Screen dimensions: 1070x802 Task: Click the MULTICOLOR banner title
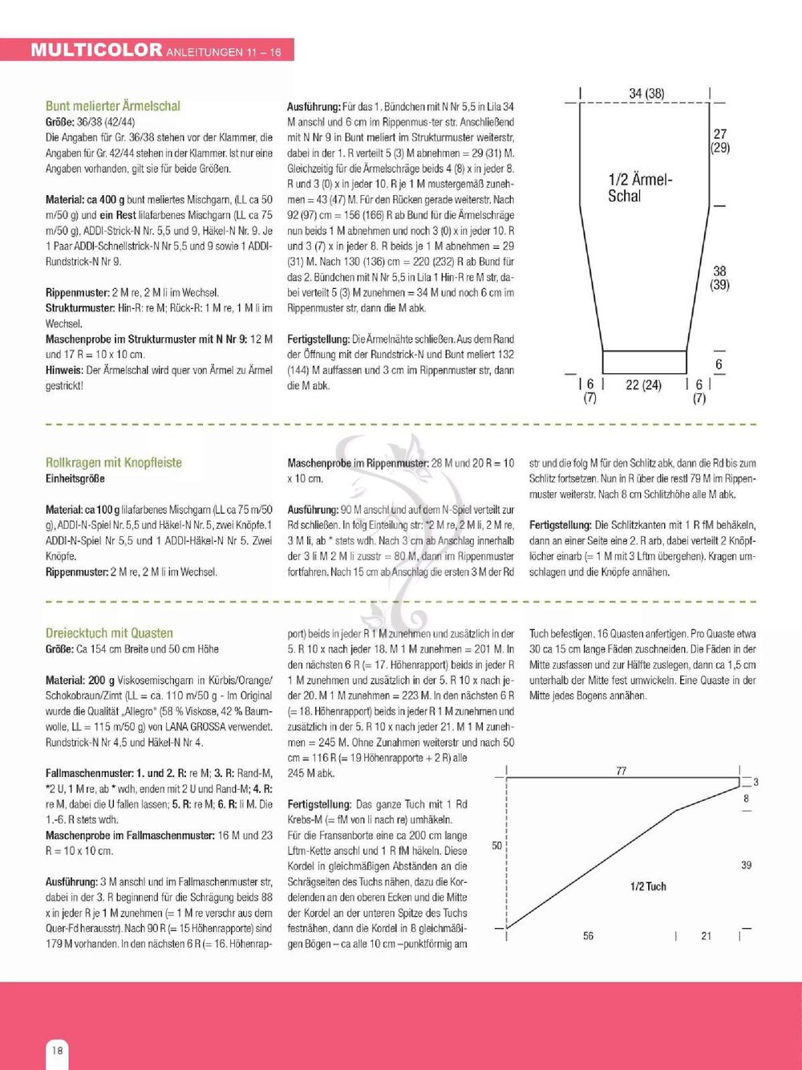click(96, 50)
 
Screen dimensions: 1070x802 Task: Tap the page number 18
click(57, 1050)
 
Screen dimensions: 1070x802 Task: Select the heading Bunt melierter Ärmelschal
click(113, 106)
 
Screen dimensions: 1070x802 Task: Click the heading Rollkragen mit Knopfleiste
click(114, 462)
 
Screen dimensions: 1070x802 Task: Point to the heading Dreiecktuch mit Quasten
click(109, 633)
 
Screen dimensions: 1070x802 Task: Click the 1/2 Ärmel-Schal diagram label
click(640, 188)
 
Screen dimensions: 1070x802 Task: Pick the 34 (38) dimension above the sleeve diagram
click(646, 94)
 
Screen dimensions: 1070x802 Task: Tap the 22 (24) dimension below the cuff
click(643, 384)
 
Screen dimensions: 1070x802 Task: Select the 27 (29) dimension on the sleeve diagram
click(720, 140)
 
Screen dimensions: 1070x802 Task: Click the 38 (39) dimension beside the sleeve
click(720, 278)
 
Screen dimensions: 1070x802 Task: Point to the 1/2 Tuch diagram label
click(648, 886)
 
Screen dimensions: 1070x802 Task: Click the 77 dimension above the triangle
click(622, 771)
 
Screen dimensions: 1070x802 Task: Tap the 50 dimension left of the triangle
click(497, 845)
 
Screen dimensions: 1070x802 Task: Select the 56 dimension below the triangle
click(589, 936)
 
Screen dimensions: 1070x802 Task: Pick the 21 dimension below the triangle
click(706, 936)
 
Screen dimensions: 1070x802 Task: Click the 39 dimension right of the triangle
click(746, 865)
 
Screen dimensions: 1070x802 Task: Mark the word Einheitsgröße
click(75, 478)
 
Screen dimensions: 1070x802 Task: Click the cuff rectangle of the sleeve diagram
click(645, 362)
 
